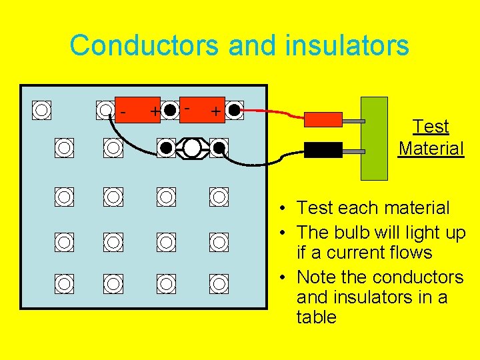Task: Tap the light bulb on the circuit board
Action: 192,147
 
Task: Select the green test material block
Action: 374,139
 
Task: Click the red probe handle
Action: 323,119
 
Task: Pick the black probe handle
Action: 323,149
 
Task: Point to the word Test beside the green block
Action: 431,126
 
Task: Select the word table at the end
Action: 317,317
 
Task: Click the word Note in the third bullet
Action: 316,276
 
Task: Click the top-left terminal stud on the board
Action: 42,109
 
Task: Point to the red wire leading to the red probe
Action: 273,111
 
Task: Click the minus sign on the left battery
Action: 123,113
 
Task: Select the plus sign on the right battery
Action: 215,111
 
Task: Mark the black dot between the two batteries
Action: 171,110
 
